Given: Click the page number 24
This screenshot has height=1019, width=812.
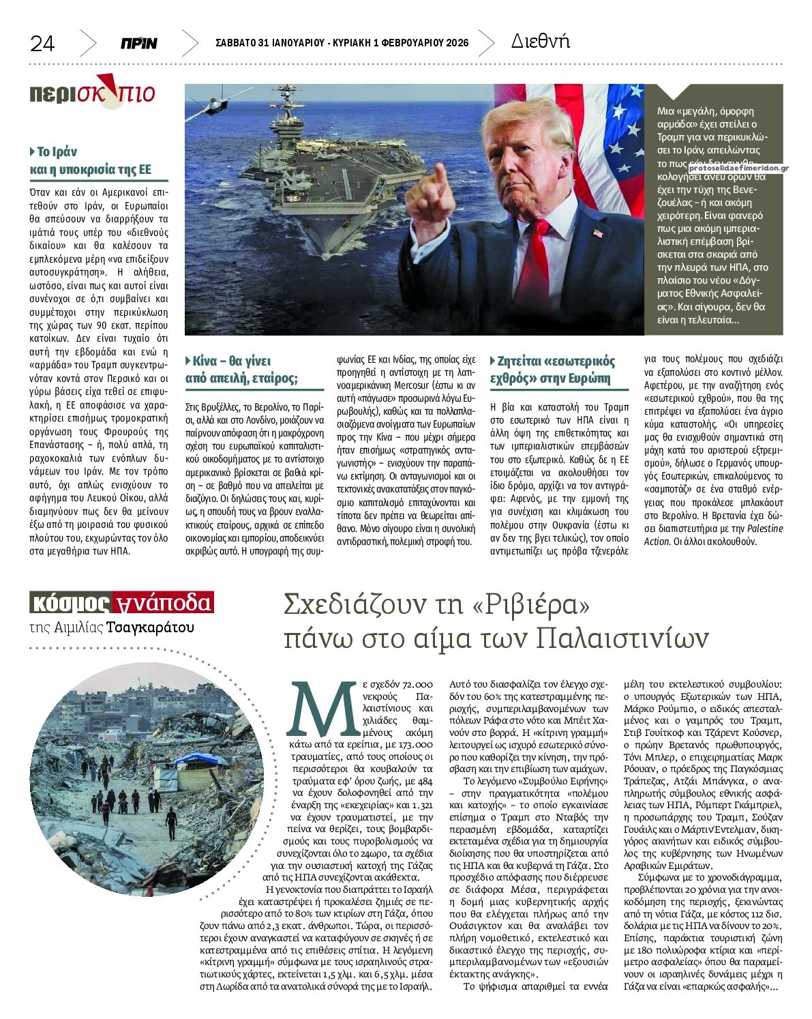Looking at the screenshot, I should click(42, 44).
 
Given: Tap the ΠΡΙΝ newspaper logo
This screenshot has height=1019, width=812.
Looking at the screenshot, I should click(139, 44).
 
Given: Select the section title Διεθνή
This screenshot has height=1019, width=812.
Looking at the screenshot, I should click(540, 42).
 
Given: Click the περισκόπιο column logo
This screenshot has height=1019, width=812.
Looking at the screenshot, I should click(92, 92).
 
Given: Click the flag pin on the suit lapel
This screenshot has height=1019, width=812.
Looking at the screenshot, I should click(598, 234).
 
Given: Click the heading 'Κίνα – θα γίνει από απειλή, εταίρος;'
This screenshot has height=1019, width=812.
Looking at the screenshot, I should click(241, 370).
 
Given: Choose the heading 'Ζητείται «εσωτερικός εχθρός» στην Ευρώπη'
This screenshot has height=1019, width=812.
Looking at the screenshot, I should click(552, 370).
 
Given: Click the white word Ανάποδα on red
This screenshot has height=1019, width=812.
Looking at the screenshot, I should click(164, 602).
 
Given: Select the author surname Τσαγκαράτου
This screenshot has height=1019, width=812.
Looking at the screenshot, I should click(151, 627).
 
